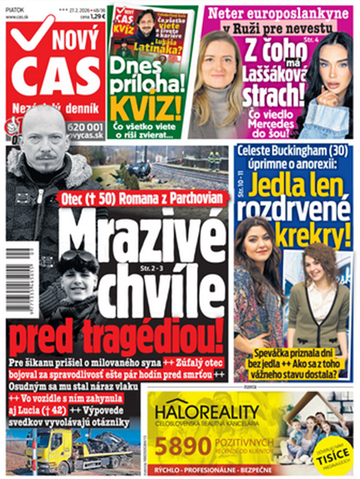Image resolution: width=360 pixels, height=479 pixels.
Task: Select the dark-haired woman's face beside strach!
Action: pyautogui.click(x=331, y=65)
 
